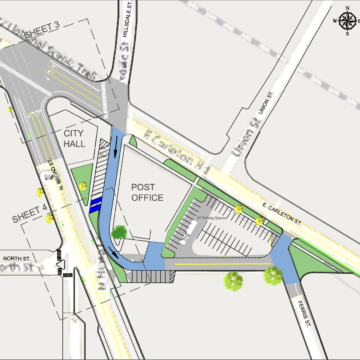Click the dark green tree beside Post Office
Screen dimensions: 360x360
(119, 234)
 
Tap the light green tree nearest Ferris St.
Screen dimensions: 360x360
(271, 274)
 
